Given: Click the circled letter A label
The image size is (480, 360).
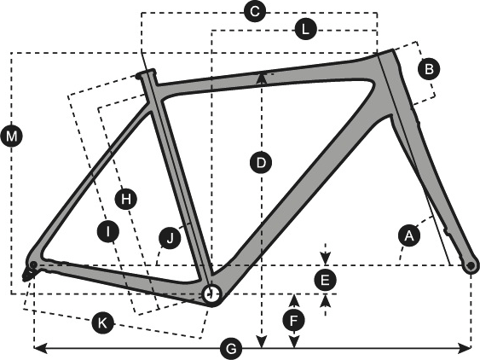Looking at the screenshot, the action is click(409, 236).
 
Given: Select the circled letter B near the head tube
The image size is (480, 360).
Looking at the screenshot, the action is click(429, 69).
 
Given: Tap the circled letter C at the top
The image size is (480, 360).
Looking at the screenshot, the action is click(255, 12).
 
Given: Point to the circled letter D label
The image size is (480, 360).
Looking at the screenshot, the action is click(261, 163).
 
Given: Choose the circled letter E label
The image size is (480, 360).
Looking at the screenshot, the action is click(325, 280).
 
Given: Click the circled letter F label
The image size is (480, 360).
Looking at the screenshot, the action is click(294, 321).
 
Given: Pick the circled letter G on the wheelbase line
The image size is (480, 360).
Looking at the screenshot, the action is click(231, 349).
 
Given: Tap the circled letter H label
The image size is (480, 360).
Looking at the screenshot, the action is click(126, 199).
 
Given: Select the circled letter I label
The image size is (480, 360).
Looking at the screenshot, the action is click(108, 232).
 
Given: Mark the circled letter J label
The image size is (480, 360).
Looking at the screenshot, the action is click(170, 238).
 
